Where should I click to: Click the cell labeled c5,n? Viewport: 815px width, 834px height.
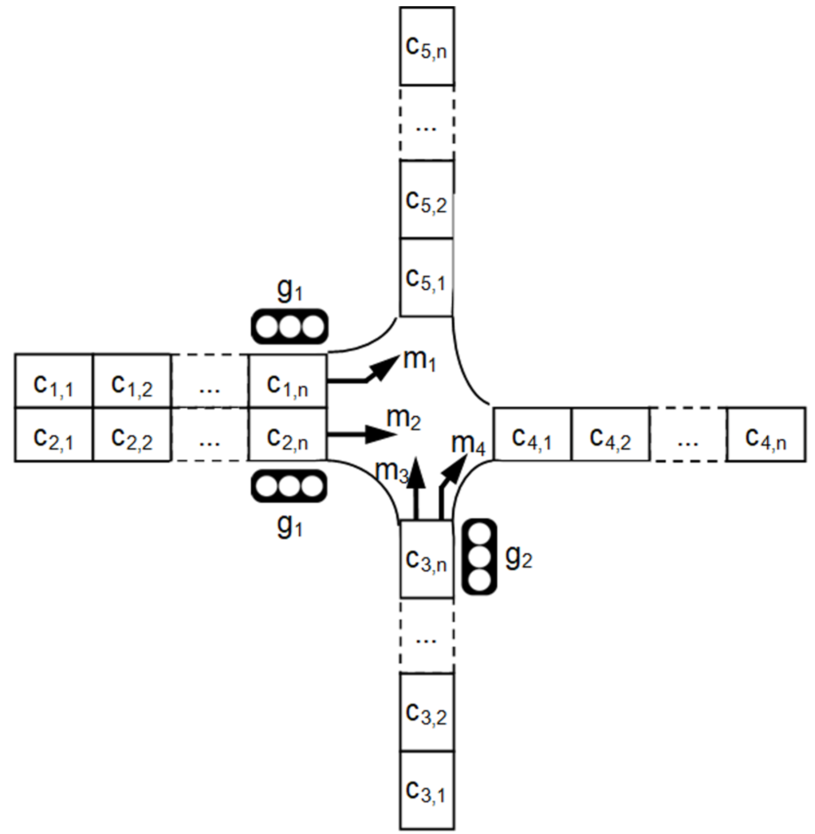[427, 46]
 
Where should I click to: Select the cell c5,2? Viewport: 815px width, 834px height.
[427, 200]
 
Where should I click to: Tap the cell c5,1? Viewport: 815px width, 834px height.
[427, 277]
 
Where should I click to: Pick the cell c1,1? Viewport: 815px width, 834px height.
[54, 381]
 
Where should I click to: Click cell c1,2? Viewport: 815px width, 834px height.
[132, 381]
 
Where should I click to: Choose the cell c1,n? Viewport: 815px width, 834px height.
[288, 381]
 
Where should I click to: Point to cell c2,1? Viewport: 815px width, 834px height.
[54, 435]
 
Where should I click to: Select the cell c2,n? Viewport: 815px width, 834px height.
[288, 435]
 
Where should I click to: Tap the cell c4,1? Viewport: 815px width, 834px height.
[532, 435]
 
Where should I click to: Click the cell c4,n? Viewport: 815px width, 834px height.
[766, 435]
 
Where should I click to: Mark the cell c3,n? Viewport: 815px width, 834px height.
[427, 559]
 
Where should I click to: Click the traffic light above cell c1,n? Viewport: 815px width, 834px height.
[289, 327]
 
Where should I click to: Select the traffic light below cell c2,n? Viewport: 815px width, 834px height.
[289, 486]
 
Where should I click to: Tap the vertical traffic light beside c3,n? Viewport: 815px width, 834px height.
[479, 557]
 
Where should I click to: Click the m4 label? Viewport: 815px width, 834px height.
[468, 443]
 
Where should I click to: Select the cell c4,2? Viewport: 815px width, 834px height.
[610, 435]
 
